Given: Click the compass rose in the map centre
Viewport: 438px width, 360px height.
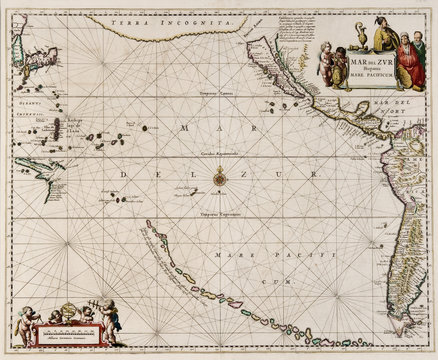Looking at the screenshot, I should pyautogui.click(x=219, y=177).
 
